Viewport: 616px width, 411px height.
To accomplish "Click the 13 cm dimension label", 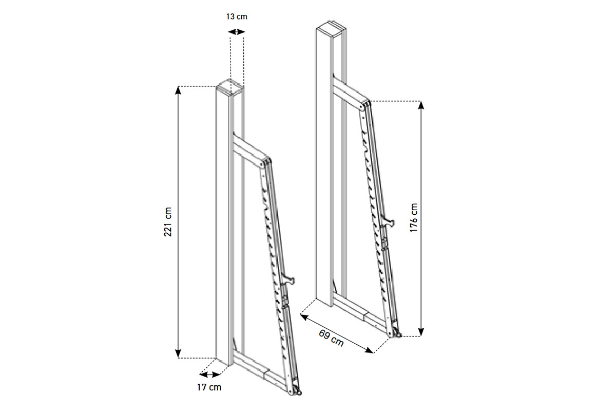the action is tap(237, 17).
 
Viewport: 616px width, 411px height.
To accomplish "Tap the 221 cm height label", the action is tap(168, 222).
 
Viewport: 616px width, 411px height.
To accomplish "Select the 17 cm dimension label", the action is tap(209, 387).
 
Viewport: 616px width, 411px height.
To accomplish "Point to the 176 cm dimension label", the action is tap(414, 218).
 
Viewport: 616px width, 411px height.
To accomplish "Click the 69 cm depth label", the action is tap(331, 338).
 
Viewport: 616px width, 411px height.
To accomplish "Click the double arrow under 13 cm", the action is tap(237, 32).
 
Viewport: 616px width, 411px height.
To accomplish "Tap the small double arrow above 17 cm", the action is tap(210, 374).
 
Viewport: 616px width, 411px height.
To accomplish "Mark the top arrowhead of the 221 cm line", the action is tap(178, 90).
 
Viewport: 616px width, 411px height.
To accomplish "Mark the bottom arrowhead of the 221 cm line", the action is tap(178, 354).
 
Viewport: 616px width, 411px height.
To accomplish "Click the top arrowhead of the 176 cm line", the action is tap(421, 105).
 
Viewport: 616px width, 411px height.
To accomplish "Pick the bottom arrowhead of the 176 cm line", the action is tap(421, 332).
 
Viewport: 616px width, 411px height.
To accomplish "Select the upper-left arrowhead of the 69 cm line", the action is tap(303, 317).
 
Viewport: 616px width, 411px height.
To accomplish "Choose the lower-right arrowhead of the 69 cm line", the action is tap(369, 350).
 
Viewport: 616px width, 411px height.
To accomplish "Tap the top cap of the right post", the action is tap(331, 29).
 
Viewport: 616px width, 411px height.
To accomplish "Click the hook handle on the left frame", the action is tap(288, 281).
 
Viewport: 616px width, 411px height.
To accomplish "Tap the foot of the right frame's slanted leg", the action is tap(395, 332).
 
